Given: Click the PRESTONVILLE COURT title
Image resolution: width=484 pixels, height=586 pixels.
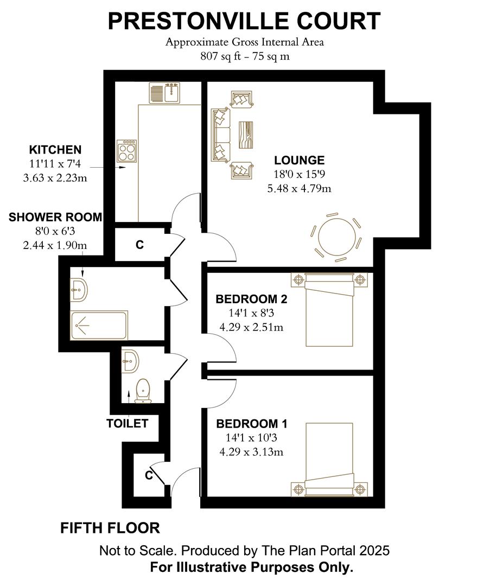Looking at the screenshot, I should (244, 21).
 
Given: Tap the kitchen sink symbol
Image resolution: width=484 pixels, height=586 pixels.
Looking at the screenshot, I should (165, 93).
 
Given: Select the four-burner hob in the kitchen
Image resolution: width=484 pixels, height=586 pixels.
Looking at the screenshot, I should (127, 151).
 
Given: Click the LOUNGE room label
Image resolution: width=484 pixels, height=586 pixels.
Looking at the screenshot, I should (299, 161).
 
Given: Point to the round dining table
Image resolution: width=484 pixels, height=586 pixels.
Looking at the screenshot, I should (336, 237).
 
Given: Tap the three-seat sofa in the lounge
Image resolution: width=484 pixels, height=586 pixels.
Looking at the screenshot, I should (221, 135).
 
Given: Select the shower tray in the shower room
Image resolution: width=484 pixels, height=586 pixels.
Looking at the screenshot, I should (99, 324).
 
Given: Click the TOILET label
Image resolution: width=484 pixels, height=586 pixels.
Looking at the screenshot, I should (127, 423).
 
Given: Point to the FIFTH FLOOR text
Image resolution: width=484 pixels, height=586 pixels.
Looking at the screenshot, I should (110, 527).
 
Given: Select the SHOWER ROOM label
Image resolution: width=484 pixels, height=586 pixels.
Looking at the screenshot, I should (55, 218).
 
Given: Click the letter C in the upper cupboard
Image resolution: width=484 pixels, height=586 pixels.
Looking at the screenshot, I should (139, 245).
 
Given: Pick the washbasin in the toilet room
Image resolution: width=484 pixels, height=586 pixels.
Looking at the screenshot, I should (130, 361).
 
